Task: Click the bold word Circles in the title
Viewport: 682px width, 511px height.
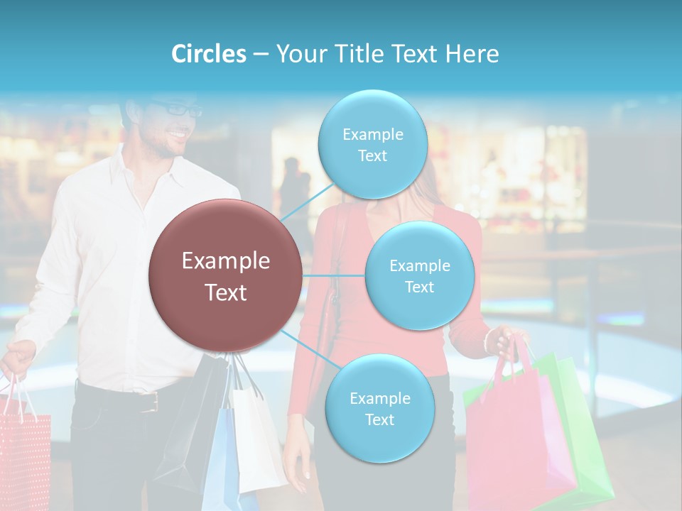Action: coord(208,54)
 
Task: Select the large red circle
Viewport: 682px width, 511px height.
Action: coord(225,276)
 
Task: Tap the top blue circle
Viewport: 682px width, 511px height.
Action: coord(372,144)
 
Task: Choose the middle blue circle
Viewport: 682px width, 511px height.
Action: coord(419,275)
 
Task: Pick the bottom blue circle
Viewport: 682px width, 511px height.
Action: coord(379,409)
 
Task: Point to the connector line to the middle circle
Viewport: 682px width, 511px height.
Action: coord(333,275)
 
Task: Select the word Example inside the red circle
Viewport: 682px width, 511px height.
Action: coord(225,260)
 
